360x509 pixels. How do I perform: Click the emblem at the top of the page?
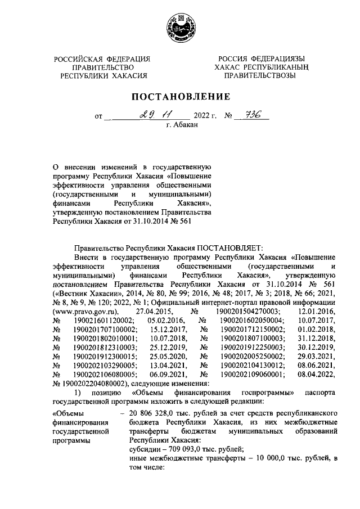click(x=179, y=28)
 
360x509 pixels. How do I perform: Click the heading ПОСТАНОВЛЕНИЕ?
click(x=179, y=97)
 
